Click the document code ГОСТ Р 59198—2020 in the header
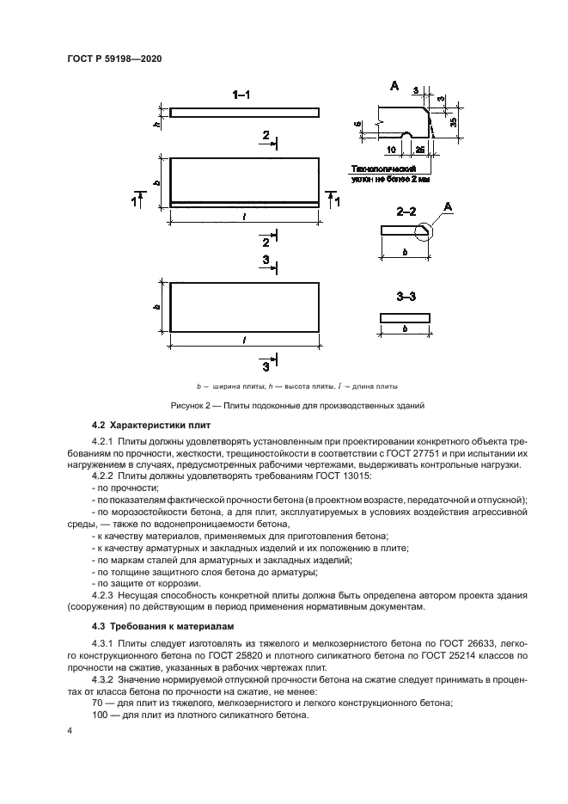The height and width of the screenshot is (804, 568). [114, 58]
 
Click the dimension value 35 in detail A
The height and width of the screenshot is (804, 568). [453, 122]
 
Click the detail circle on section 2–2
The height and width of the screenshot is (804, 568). [424, 230]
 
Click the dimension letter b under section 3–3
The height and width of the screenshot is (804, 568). [406, 328]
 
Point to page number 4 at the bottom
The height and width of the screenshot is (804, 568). [70, 731]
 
